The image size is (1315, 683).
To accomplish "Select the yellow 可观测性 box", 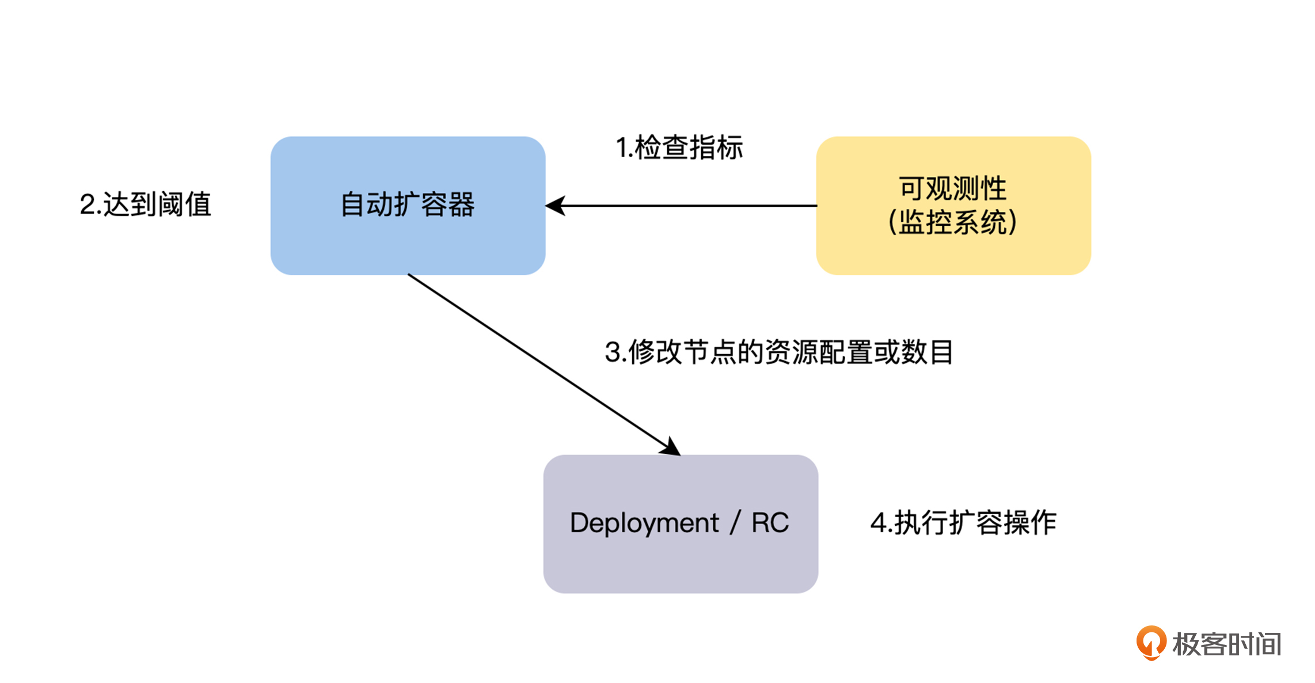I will tap(953, 253).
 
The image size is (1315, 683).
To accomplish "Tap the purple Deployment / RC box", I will tap(681, 564).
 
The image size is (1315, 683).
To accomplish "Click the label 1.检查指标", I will tap(679, 147).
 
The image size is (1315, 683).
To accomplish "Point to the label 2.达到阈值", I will tap(146, 204).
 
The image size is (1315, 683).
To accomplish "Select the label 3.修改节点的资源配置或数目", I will tap(779, 352).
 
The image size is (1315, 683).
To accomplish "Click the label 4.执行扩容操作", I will tap(963, 523).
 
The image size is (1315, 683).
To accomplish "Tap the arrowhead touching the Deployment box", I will tap(671, 447).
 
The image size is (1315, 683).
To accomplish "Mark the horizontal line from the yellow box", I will tap(691, 206).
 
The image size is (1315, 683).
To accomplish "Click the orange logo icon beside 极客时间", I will tap(1151, 642).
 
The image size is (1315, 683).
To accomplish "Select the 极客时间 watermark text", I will tap(1227, 644).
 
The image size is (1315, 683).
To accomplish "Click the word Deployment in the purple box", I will tap(644, 523).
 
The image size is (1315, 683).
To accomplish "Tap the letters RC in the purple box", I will tap(770, 523).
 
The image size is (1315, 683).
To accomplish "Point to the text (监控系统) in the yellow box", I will tap(953, 222).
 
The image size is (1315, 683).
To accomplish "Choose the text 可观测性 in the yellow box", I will tap(953, 188).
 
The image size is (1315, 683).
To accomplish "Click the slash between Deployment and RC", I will tap(735, 523).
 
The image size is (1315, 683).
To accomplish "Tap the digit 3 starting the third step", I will tap(613, 352).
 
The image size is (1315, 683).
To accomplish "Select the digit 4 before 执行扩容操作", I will tap(878, 523).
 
